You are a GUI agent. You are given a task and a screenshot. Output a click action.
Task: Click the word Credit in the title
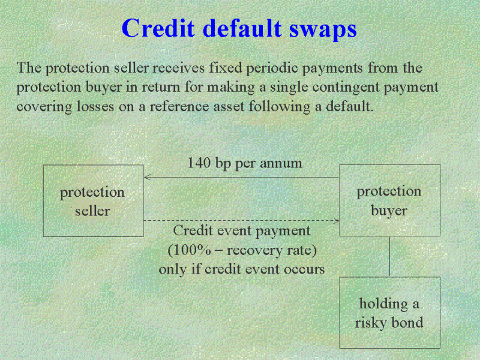pos(158,28)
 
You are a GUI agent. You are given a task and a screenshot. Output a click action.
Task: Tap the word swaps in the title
pos(323,30)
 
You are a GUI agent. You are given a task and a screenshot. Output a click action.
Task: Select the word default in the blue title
pos(242,28)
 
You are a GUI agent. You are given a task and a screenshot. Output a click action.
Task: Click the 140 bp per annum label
pos(245,163)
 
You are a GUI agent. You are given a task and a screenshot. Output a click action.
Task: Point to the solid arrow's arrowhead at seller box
pos(146,177)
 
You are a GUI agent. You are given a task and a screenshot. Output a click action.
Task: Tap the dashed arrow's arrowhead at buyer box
pos(337,220)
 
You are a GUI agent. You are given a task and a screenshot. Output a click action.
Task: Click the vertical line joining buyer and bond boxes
pos(389,257)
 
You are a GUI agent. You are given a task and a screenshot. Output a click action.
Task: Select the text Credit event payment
pos(242,231)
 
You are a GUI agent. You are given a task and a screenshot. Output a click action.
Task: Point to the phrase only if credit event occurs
pos(242,269)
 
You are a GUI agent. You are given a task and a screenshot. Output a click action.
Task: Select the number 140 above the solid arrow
pos(199,163)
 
